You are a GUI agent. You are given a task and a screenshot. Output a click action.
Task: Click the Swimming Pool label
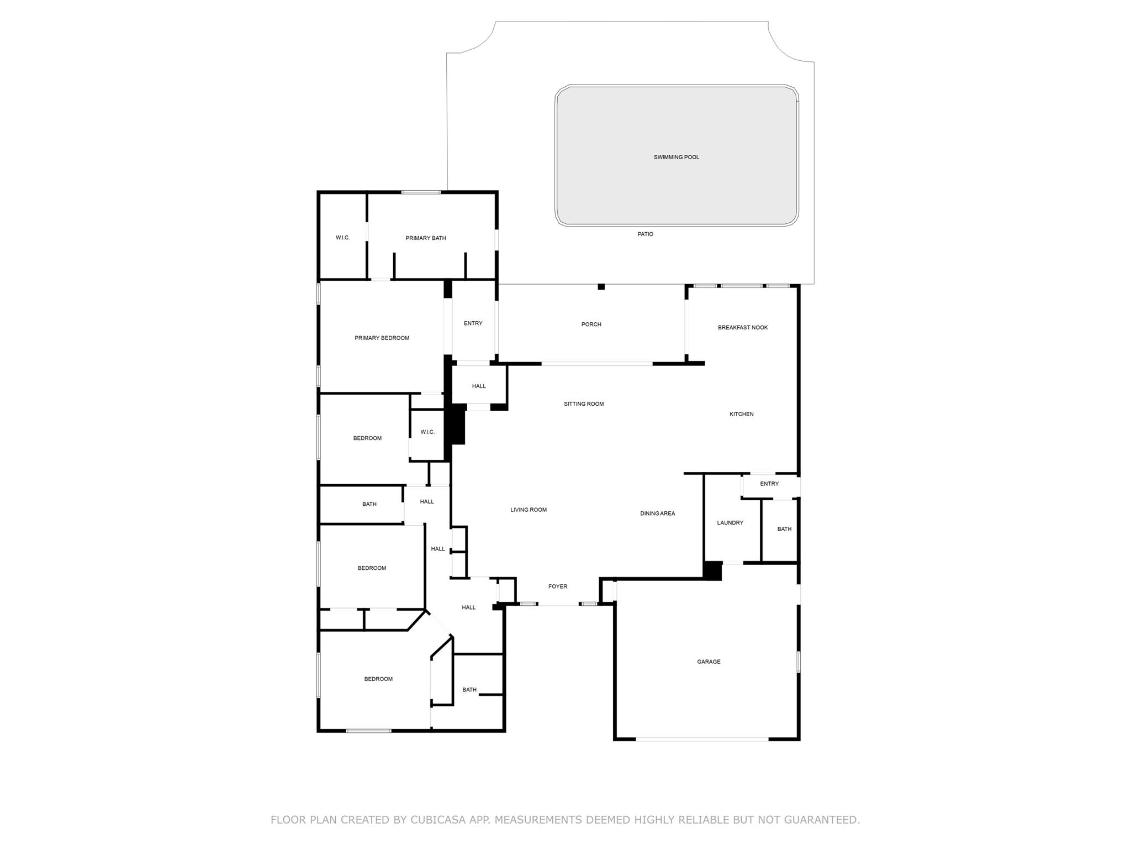coord(676,158)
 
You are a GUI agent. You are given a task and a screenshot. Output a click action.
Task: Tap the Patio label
coord(645,234)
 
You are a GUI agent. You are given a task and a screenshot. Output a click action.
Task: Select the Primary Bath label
coord(425,238)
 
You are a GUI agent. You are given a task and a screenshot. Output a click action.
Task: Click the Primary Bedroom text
coord(382,338)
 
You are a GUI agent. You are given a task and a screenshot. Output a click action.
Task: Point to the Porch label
coord(591,324)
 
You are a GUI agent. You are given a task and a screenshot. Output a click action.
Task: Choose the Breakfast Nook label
coord(742,328)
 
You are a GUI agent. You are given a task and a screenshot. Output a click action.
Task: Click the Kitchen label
coord(741,415)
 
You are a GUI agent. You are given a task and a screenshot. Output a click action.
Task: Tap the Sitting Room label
coord(583,404)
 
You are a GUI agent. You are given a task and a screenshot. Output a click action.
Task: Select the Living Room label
coord(528,510)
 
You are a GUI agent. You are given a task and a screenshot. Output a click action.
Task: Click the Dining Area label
coord(657,514)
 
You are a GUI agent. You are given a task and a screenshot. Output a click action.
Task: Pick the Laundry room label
coord(730,523)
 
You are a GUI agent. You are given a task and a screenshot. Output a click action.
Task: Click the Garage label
coord(708,662)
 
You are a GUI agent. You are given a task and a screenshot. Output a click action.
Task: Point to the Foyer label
coord(557,587)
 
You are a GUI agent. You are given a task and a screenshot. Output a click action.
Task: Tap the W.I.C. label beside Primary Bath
coord(342,238)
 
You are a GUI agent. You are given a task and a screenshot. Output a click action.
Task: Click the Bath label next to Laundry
coord(784,530)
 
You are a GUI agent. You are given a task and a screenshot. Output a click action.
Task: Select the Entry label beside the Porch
coord(473,323)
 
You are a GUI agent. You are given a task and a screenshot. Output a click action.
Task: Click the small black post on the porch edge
coord(601,287)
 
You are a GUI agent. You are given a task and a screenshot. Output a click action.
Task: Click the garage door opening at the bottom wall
coord(701,739)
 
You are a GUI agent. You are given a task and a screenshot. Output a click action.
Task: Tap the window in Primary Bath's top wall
coord(421,192)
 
